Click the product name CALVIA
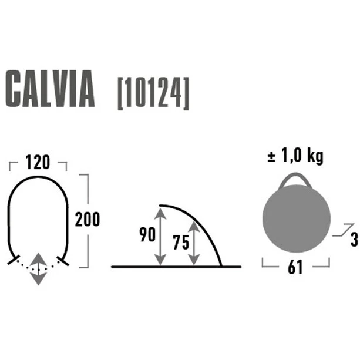pyautogui.click(x=50, y=89)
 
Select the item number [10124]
pyautogui.click(x=153, y=93)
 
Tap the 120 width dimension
pyautogui.click(x=38, y=162)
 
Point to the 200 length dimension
pyautogui.click(x=88, y=219)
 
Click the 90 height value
pyautogui.click(x=147, y=234)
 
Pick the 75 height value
pyautogui.click(x=181, y=242)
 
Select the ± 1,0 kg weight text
pyautogui.click(x=295, y=157)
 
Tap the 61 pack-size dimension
pyautogui.click(x=295, y=267)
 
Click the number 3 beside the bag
pyautogui.click(x=354, y=240)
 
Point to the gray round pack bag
pyautogui.click(x=297, y=219)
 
